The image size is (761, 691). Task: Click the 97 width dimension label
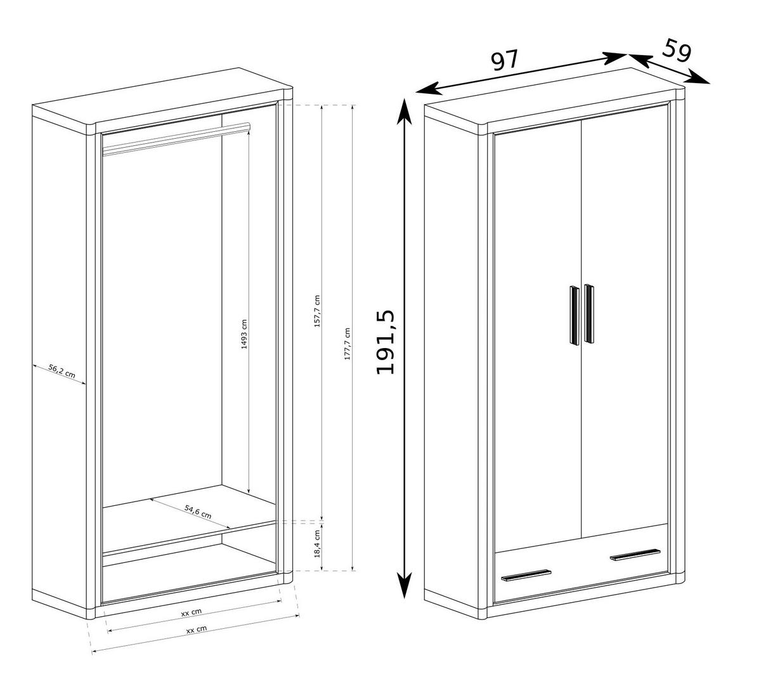pos(505,60)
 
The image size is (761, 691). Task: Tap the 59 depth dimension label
pos(677,51)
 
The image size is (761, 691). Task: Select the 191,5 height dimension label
pos(386,343)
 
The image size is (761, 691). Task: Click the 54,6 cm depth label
pos(198,512)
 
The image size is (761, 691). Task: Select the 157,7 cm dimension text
pos(317,311)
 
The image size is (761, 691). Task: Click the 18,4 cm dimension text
pos(317,543)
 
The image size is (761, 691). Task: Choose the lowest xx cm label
pos(197,630)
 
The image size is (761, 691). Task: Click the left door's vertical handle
pos(574,315)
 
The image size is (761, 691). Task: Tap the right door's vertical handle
pos(590,314)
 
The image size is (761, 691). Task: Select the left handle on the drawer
pos(526,574)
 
